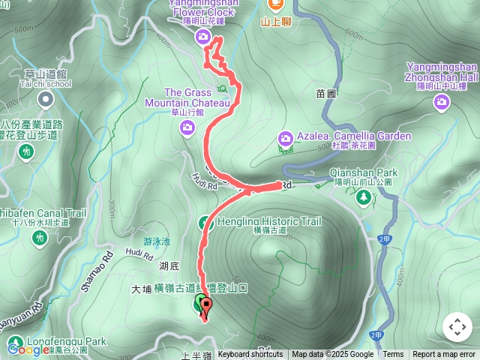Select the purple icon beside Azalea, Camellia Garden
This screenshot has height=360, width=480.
click(x=285, y=137)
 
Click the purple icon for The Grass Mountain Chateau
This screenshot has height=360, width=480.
click(x=187, y=128)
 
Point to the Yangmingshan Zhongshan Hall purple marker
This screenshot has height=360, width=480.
click(x=442, y=101)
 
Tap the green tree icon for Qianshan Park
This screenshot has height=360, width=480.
click(x=363, y=196)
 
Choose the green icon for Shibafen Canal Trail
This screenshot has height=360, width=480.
click(x=40, y=237)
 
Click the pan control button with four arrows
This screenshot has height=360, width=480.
click(x=457, y=327)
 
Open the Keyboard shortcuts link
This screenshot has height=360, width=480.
click(x=250, y=355)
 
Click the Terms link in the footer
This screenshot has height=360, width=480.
click(x=393, y=355)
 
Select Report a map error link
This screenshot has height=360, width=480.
click(x=445, y=355)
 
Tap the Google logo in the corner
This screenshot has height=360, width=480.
click(x=28, y=349)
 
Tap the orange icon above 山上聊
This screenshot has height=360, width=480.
click(x=275, y=5)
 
